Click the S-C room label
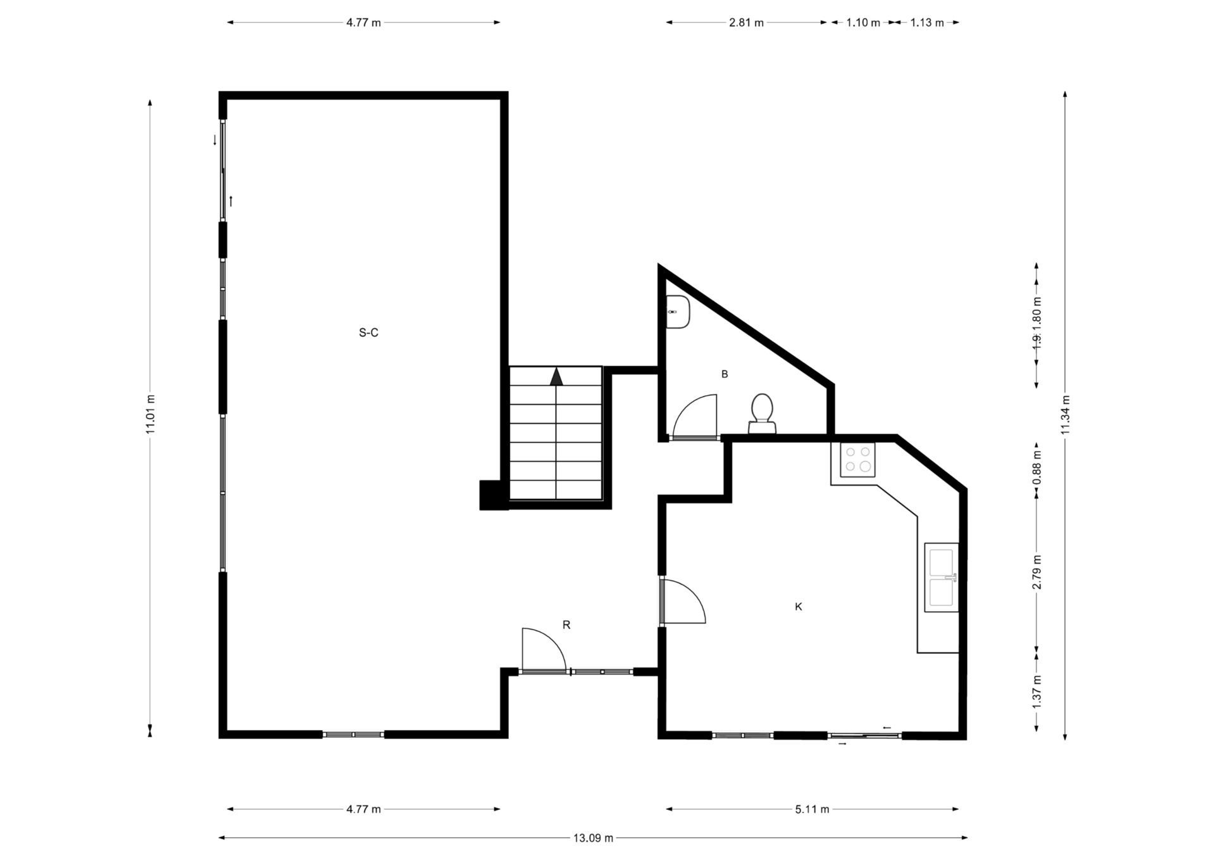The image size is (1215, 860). (368, 332)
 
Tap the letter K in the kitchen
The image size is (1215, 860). (798, 607)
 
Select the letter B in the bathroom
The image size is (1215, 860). (725, 374)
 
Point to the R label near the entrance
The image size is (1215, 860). (566, 625)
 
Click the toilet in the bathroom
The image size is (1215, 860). (762, 414)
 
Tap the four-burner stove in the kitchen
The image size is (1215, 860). (857, 460)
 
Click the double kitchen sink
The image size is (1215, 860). (941, 577)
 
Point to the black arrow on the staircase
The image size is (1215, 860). (556, 377)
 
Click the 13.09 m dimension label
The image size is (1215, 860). (593, 838)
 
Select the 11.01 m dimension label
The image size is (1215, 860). (150, 414)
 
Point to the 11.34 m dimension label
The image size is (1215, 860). (1065, 415)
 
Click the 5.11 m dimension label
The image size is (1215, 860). (812, 809)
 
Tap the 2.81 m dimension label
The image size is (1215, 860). (746, 23)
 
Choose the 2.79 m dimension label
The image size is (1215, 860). (1037, 572)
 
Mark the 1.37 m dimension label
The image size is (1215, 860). (1037, 692)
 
